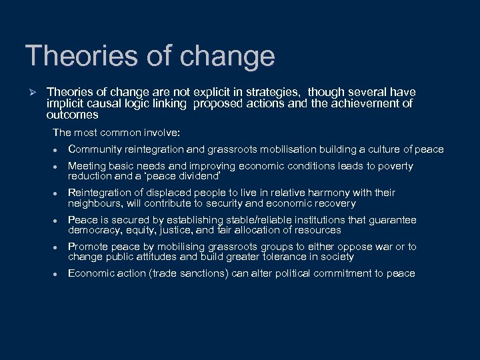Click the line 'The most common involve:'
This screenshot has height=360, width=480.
coord(107,133)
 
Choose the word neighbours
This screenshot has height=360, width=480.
coord(96,203)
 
